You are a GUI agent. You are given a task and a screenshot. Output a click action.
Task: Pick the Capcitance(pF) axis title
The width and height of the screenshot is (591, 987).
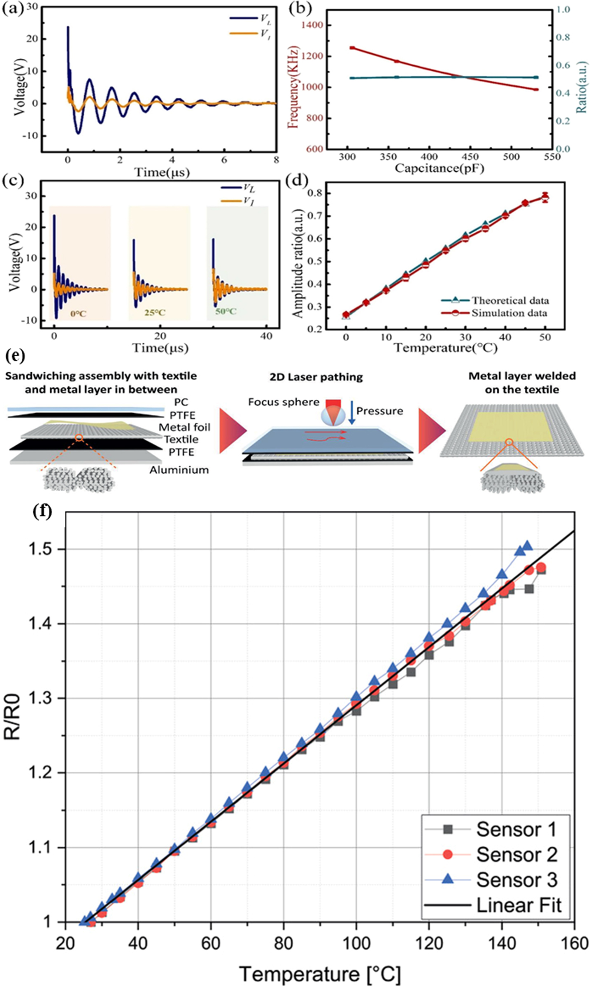pyautogui.click(x=439, y=168)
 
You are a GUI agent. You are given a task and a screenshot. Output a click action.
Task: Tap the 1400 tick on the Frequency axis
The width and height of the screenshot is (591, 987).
pyautogui.click(x=312, y=26)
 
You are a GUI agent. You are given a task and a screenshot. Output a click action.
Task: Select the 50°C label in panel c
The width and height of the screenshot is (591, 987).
pyautogui.click(x=226, y=312)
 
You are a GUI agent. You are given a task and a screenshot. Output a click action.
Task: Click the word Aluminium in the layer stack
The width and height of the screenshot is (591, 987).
pyautogui.click(x=179, y=470)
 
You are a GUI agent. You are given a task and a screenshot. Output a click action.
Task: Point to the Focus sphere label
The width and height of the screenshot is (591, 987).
pyautogui.click(x=284, y=402)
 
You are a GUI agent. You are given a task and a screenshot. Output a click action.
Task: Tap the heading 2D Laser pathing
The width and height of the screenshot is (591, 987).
pyautogui.click(x=316, y=377)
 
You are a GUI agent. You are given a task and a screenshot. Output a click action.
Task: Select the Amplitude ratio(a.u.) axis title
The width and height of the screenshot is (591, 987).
pyautogui.click(x=298, y=264)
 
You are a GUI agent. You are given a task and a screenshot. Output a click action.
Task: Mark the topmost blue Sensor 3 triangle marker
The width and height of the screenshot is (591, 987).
pyautogui.click(x=527, y=546)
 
